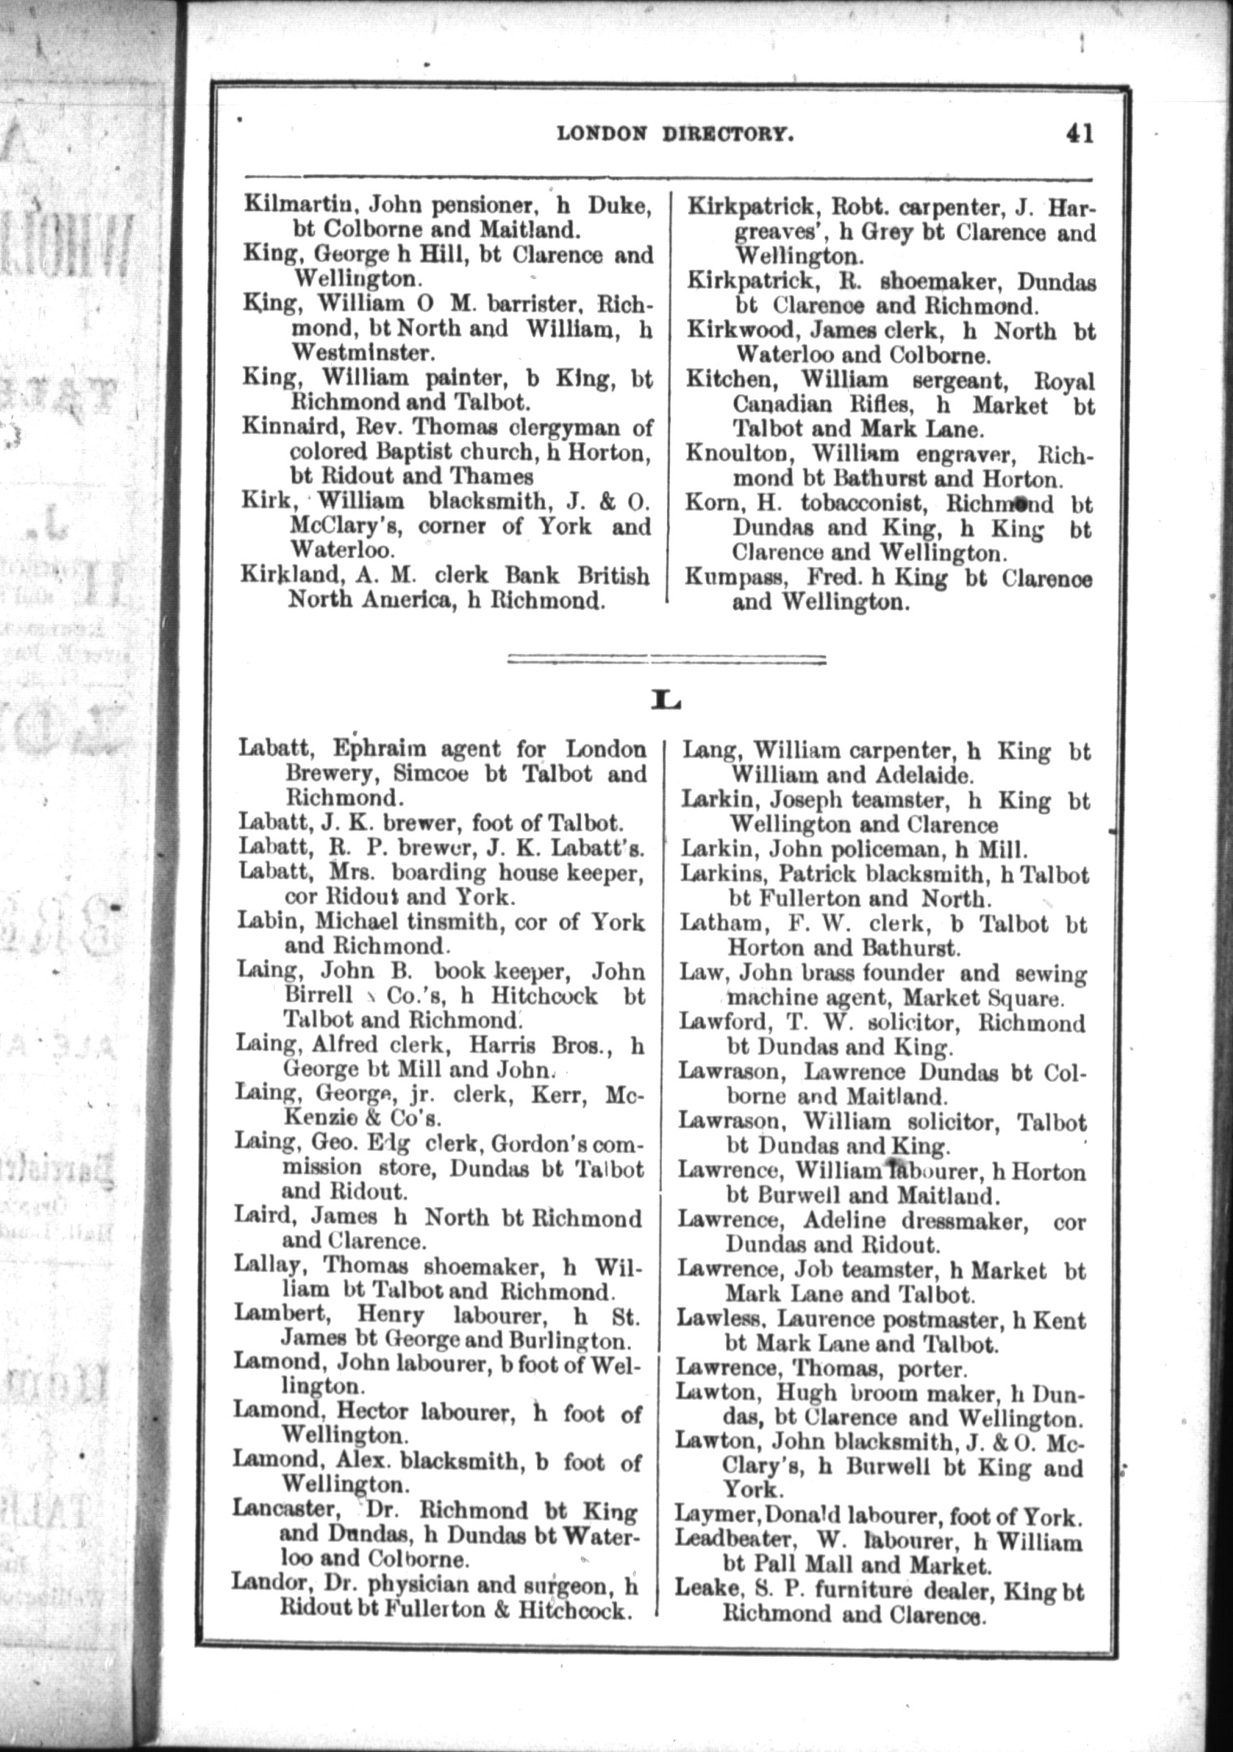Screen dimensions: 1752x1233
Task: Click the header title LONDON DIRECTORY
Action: click(x=675, y=134)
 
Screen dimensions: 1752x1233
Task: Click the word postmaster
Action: click(x=926, y=1320)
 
